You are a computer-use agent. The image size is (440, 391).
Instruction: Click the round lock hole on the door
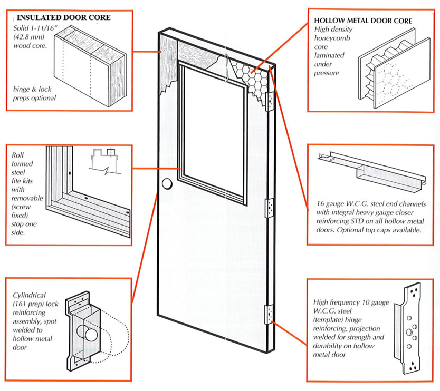167,184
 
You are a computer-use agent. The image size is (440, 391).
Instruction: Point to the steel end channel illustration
369,169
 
